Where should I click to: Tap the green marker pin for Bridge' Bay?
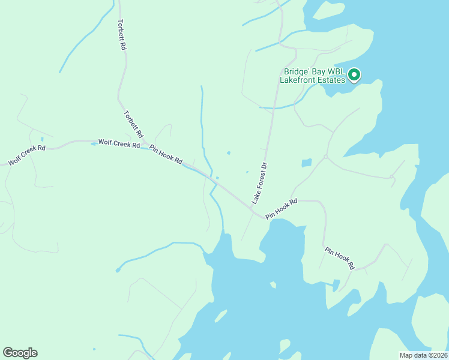[x=354, y=75]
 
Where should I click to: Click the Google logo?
[x=20, y=353]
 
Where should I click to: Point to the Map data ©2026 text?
[x=424, y=355]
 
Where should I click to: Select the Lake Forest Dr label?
[x=259, y=182]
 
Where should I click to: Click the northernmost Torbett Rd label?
[x=122, y=34]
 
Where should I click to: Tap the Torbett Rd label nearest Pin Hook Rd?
[x=133, y=123]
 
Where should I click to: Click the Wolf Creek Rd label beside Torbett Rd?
[x=119, y=144]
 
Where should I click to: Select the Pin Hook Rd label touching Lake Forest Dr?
[x=282, y=208]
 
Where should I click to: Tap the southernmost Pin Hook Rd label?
[x=340, y=257]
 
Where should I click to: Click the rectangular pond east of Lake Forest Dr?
[x=306, y=163]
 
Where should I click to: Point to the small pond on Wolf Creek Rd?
[x=94, y=144]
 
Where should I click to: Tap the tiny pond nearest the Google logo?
[x=94, y=349]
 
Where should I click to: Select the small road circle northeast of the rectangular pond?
[x=325, y=157]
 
